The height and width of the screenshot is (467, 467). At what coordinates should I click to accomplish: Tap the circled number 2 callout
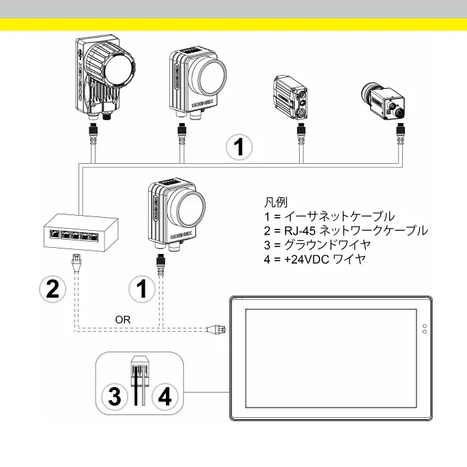(x=53, y=290)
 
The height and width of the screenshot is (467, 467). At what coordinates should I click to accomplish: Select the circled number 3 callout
(x=116, y=395)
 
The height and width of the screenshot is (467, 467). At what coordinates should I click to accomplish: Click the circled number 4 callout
(x=165, y=395)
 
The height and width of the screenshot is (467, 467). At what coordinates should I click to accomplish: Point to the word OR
(x=123, y=319)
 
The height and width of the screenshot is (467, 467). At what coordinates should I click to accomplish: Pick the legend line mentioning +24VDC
(x=315, y=259)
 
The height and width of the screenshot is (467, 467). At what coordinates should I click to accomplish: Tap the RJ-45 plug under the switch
(x=76, y=260)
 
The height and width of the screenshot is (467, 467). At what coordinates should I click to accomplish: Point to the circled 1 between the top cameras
(x=239, y=147)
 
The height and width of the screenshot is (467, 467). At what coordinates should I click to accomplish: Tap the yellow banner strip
(x=233, y=25)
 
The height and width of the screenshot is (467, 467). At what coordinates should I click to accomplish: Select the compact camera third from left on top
(x=294, y=98)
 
